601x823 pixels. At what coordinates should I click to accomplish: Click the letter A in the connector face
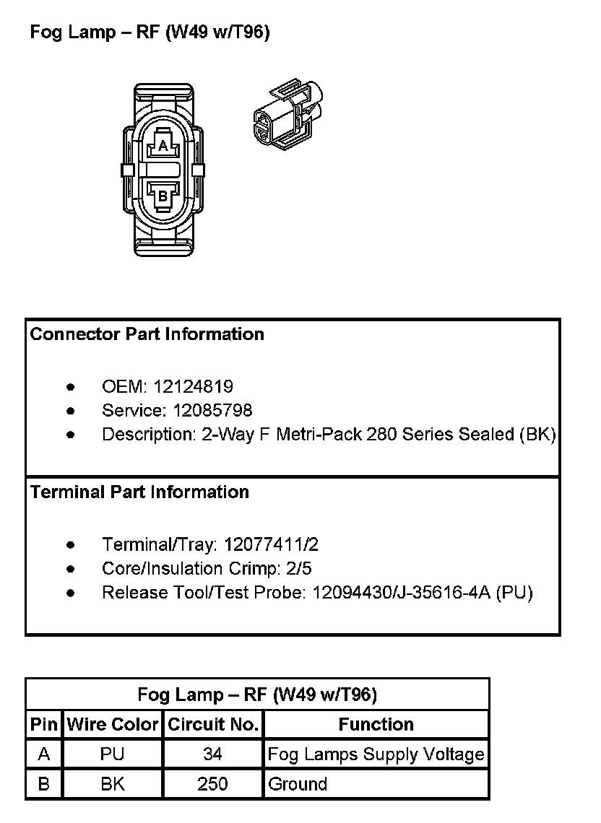pos(163,147)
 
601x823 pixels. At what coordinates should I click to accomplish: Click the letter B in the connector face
pos(163,195)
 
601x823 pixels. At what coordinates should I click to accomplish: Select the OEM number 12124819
pos(193,387)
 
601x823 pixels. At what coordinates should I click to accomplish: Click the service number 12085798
pos(212,411)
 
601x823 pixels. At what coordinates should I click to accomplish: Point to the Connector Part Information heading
pos(147,334)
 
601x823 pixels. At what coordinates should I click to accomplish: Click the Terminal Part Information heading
pos(139,492)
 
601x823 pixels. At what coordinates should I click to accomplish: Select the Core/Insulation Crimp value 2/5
pos(299,569)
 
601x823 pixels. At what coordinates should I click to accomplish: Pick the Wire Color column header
pos(113,725)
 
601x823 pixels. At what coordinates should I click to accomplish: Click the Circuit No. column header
pos(213,725)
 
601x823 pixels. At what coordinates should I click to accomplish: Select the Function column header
pos(376,725)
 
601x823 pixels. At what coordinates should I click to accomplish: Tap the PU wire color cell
pos(113,754)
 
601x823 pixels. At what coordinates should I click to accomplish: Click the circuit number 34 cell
pos(212,754)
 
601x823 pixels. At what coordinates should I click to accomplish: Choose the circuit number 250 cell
pos(212,784)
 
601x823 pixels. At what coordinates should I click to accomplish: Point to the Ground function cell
pos(298,784)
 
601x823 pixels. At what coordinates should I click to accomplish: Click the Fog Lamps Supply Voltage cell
pos(376,754)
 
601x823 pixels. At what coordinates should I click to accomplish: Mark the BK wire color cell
pos(113,784)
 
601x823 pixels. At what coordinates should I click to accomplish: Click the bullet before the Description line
pos(70,435)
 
